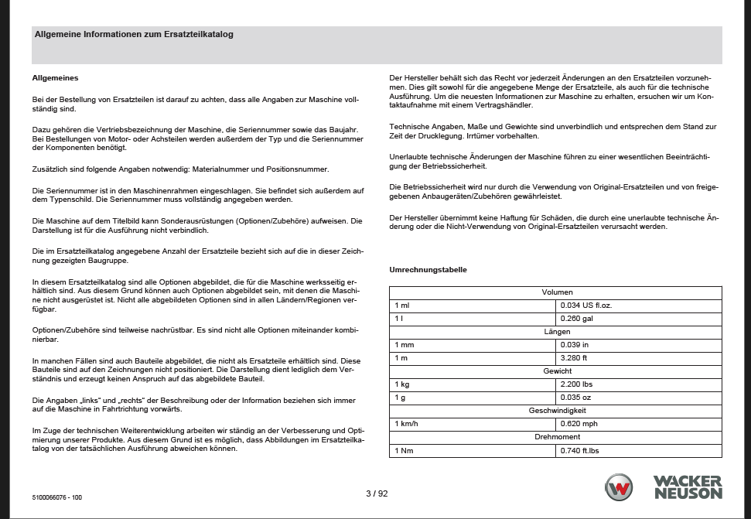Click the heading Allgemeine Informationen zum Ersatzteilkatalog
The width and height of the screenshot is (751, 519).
(x=134, y=35)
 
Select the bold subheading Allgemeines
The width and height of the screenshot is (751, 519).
(x=55, y=78)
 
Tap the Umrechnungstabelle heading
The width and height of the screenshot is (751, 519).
(x=428, y=270)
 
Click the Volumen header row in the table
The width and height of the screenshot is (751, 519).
(x=556, y=292)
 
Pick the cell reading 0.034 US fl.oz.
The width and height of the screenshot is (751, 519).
(x=587, y=306)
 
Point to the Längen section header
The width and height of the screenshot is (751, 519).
(x=556, y=332)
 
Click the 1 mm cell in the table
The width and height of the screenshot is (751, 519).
(x=405, y=345)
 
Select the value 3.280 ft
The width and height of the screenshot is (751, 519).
(x=574, y=358)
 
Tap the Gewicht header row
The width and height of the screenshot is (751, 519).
(x=556, y=371)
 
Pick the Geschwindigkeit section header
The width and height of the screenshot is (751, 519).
(x=556, y=411)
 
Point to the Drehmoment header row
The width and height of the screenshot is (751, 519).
(x=556, y=437)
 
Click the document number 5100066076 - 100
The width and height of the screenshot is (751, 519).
(x=58, y=497)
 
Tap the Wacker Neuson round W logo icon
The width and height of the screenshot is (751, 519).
(x=619, y=488)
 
